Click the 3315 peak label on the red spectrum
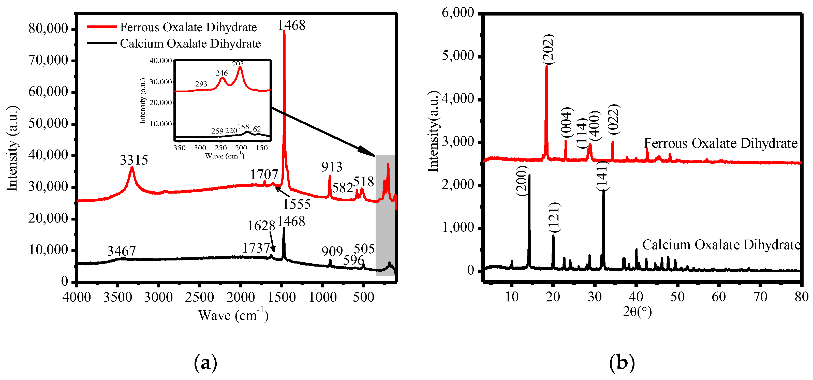pyautogui.click(x=134, y=160)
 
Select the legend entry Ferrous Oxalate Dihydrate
pyautogui.click(x=188, y=27)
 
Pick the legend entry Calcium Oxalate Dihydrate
pyautogui.click(x=190, y=43)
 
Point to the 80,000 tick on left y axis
pyautogui.click(x=48, y=29)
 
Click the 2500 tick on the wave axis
pyautogui.click(x=199, y=297)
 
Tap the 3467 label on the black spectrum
pyautogui.click(x=122, y=251)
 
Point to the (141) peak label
pyautogui.click(x=602, y=176)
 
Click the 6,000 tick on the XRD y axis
pyautogui.click(x=458, y=13)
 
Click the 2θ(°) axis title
pyautogui.click(x=637, y=312)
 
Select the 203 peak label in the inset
pyautogui.click(x=238, y=64)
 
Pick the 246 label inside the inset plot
pyautogui.click(x=221, y=73)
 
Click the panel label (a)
pyautogui.click(x=205, y=363)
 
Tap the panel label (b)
pyautogui.click(x=622, y=363)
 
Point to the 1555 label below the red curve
pyautogui.click(x=297, y=204)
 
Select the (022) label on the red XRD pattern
pyautogui.click(x=614, y=119)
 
